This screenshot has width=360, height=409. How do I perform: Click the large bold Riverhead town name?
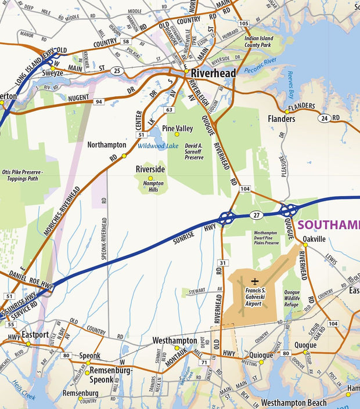pyautogui.click(x=214, y=74)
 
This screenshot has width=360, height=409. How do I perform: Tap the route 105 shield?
pyautogui.click(x=244, y=24)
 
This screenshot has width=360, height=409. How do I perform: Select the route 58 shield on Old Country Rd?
pyautogui.click(x=126, y=42)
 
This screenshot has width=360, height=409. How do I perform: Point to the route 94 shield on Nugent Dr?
pyautogui.click(x=99, y=102)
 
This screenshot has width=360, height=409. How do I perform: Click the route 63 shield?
pyautogui.click(x=170, y=109)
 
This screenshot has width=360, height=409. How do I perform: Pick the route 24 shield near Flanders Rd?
pyautogui.click(x=323, y=118)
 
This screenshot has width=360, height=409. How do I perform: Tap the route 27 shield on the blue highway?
pyautogui.click(x=255, y=215)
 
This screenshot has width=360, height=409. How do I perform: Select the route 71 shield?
pyautogui.click(x=204, y=363)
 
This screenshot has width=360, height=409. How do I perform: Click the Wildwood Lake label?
pyautogui.click(x=158, y=146)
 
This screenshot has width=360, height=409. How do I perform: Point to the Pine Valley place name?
pyautogui.click(x=177, y=128)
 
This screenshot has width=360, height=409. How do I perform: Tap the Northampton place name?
pyautogui.click(x=106, y=144)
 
